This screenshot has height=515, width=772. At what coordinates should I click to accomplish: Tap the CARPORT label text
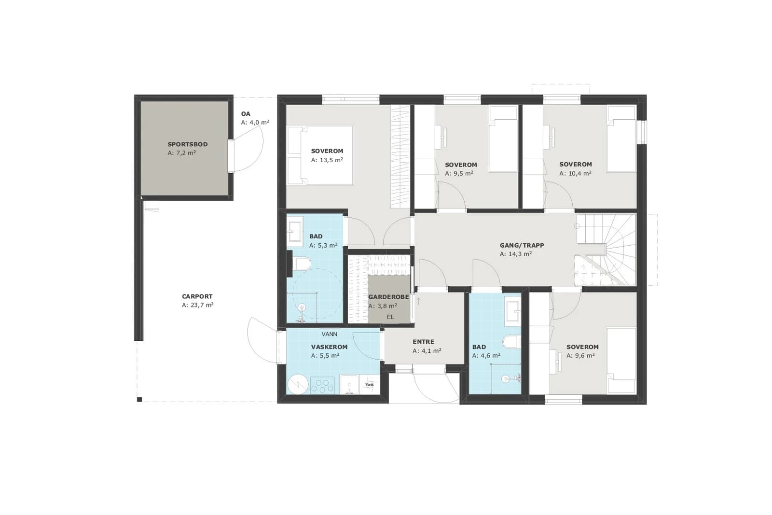tap(197, 296)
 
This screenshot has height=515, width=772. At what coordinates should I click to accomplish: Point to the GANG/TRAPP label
tap(522, 246)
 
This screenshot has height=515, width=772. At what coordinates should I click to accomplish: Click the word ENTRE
tap(423, 342)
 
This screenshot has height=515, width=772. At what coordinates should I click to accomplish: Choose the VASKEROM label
tap(329, 347)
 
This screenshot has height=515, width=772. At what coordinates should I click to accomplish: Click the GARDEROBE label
tap(388, 297)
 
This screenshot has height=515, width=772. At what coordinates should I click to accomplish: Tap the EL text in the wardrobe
tap(390, 317)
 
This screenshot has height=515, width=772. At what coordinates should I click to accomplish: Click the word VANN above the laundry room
tap(329, 334)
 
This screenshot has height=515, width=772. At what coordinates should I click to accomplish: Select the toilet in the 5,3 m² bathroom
tap(301, 264)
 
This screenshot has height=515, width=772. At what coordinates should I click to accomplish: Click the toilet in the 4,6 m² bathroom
tap(512, 342)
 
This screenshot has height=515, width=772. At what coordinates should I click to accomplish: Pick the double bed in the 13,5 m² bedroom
tap(320, 155)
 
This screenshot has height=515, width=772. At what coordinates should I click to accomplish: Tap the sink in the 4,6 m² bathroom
tap(513, 311)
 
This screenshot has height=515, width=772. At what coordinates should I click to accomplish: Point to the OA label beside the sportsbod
tap(246, 114)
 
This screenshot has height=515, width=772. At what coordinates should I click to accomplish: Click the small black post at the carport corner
tap(139, 400)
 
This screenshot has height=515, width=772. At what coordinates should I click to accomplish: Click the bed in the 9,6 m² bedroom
tap(621, 360)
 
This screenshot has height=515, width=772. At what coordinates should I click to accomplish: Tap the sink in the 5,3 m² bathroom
tap(295, 229)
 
